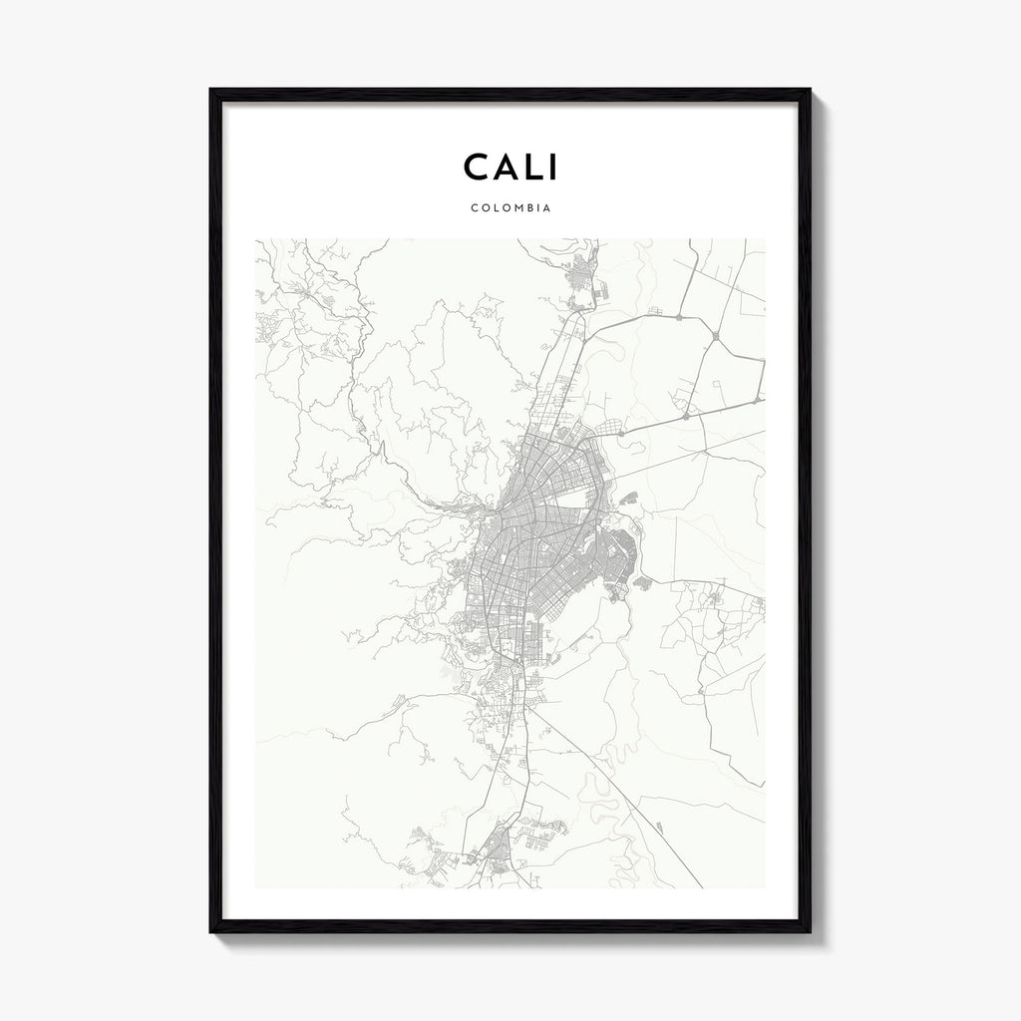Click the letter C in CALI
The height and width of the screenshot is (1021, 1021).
click(x=476, y=168)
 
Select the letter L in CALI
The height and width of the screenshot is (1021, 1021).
click(x=530, y=168)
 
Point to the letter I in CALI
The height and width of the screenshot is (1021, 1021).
click(x=551, y=168)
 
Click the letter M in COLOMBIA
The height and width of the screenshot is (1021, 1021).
click(x=513, y=209)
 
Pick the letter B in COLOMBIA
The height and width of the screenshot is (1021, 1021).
click(x=525, y=209)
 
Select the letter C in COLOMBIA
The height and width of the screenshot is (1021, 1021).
click(x=470, y=209)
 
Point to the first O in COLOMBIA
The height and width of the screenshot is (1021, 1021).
click(x=480, y=209)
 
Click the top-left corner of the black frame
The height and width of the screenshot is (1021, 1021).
click(x=211, y=91)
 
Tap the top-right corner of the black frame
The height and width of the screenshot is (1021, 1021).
click(x=809, y=91)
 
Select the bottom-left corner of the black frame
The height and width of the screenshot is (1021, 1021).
click(x=211, y=931)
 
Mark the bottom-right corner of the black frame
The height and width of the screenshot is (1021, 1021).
click(x=809, y=931)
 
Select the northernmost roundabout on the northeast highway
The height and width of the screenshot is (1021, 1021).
click(x=678, y=317)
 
